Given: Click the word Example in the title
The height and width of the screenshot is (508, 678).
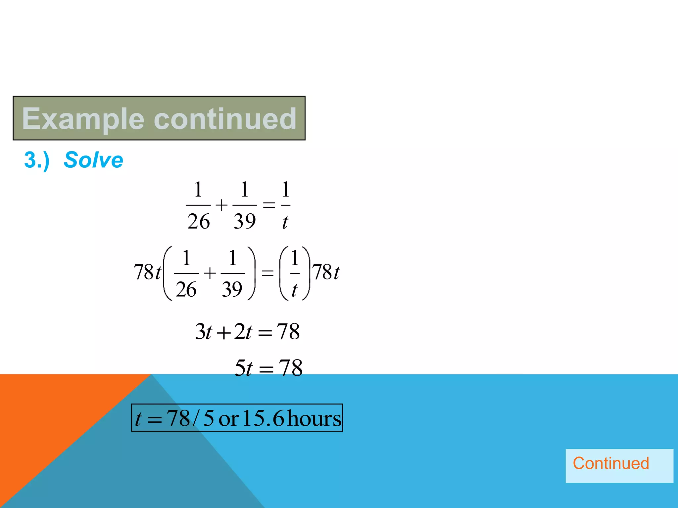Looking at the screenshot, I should click(x=83, y=119).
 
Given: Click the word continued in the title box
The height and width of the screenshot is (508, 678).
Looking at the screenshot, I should click(x=225, y=119).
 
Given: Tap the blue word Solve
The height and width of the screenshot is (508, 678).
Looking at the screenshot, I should click(x=93, y=160).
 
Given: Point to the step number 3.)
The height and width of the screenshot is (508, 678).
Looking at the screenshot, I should click(x=37, y=160).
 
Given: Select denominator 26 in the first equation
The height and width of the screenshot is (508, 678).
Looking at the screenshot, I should click(x=198, y=222).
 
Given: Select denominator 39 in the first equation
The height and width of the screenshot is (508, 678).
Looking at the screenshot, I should click(x=245, y=222).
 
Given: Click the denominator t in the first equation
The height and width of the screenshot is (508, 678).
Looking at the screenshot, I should click(x=285, y=222).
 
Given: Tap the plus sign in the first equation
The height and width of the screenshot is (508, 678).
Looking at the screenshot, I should click(x=221, y=205).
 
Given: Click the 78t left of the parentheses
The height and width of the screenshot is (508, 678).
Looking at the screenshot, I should click(x=147, y=273).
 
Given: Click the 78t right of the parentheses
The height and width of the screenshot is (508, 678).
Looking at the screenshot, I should click(x=326, y=273).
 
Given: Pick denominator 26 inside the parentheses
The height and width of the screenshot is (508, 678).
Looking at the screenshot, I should click(x=186, y=289).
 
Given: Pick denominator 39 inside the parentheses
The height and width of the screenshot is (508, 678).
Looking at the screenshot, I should click(x=232, y=289).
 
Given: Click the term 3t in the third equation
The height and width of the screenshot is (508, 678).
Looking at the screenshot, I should click(x=203, y=332).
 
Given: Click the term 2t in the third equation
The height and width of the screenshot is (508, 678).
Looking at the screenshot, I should click(x=243, y=332).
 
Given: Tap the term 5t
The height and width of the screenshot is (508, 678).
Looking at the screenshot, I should click(x=243, y=368).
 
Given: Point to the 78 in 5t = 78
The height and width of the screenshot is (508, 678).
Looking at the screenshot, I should click(x=290, y=368).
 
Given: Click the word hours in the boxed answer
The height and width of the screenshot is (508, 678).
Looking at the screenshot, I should click(x=314, y=418).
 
